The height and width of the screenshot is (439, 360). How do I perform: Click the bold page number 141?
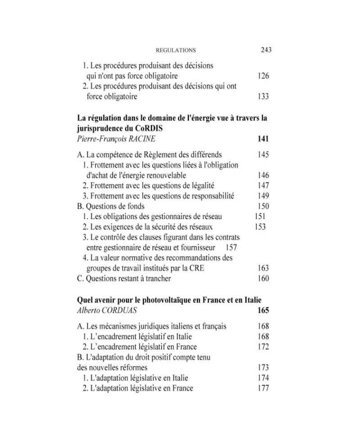[263, 139]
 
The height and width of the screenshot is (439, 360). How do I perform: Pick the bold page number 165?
[263, 310]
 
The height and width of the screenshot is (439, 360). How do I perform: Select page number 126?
[263, 76]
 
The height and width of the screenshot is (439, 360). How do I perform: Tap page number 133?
[263, 96]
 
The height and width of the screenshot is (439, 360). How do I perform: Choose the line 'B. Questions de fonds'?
[111, 206]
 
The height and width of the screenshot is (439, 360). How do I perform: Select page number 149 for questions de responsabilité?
[263, 196]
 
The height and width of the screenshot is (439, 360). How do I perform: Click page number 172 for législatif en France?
[263, 347]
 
